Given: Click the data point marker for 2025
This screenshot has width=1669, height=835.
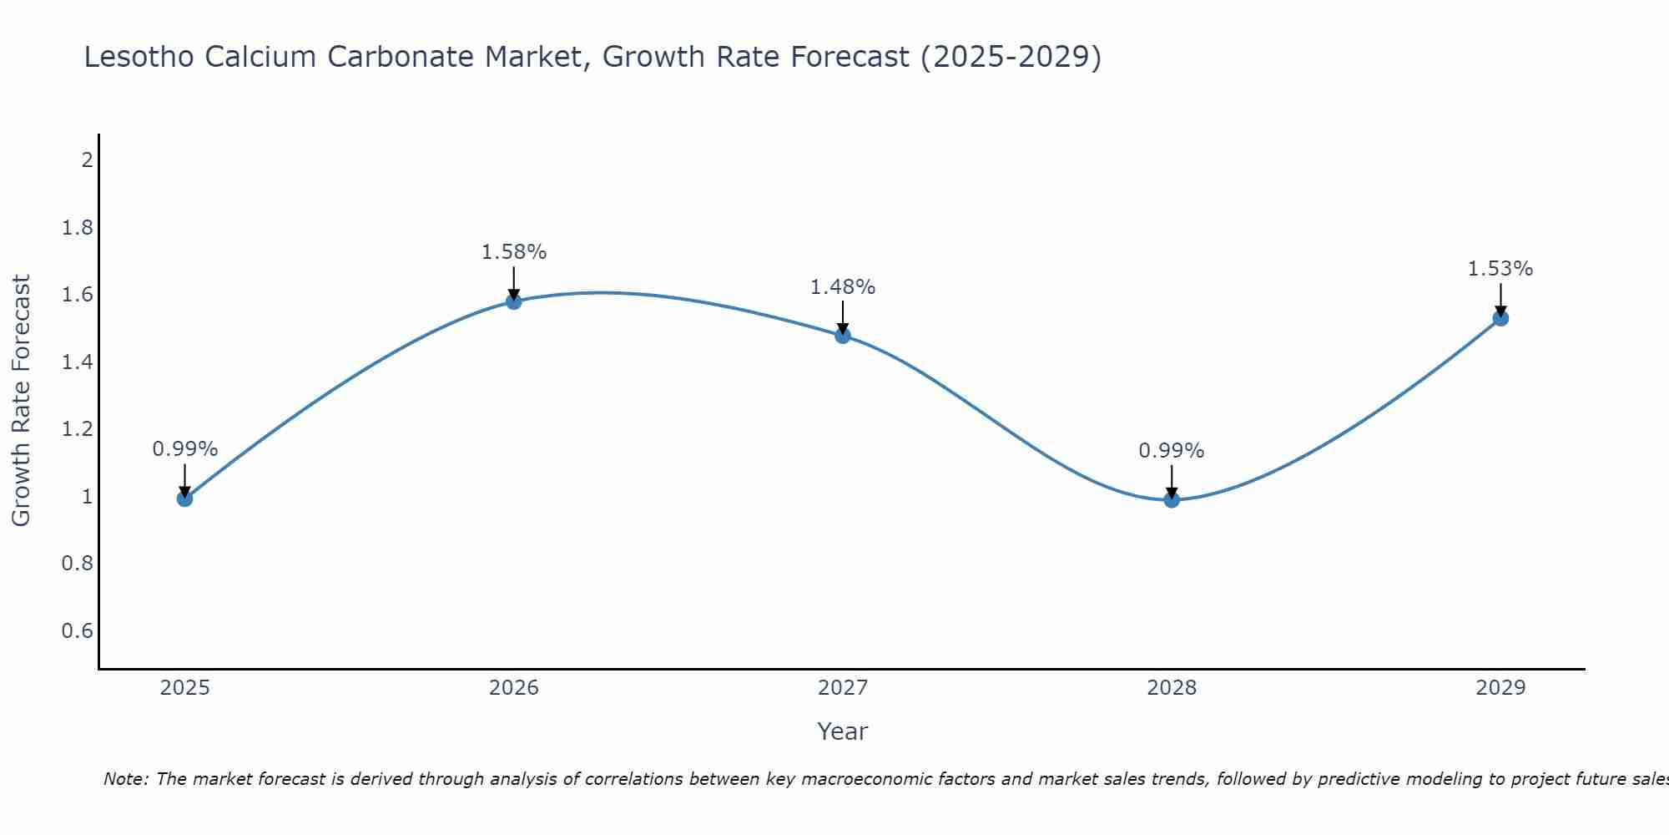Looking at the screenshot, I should (x=184, y=498).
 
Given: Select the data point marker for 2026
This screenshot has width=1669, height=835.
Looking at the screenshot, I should (x=514, y=301).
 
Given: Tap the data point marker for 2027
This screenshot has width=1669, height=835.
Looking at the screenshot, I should (x=843, y=335).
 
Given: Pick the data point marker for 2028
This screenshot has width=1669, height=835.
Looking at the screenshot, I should (x=1172, y=499).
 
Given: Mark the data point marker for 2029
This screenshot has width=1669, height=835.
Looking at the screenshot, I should (x=1500, y=317).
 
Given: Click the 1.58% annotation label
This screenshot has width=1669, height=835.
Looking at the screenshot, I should (x=514, y=252).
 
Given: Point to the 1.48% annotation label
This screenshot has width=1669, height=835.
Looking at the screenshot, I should (x=843, y=287).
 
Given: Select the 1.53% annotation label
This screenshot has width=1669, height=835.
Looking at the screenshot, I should (x=1500, y=269).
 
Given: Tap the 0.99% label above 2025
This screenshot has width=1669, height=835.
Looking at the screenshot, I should (x=184, y=449).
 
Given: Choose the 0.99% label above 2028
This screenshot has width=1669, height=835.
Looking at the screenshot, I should (x=1172, y=451).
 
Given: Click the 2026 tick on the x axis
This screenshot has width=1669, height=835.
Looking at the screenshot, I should (x=514, y=688).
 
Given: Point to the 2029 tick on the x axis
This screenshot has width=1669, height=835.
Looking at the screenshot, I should (x=1500, y=688).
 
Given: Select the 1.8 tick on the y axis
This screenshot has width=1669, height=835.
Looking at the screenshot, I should (x=78, y=228).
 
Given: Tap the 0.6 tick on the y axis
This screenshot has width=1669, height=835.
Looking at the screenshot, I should (x=78, y=630).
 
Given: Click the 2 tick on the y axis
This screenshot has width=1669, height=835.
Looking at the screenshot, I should (x=87, y=160).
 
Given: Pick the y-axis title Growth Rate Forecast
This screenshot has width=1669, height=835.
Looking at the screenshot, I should (x=21, y=400).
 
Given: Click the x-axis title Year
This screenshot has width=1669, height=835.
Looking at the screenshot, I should (x=843, y=731).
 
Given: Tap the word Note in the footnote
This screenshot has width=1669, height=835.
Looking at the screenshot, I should (x=125, y=779).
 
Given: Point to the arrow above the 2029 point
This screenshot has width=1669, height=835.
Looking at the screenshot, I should (x=1500, y=299).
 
